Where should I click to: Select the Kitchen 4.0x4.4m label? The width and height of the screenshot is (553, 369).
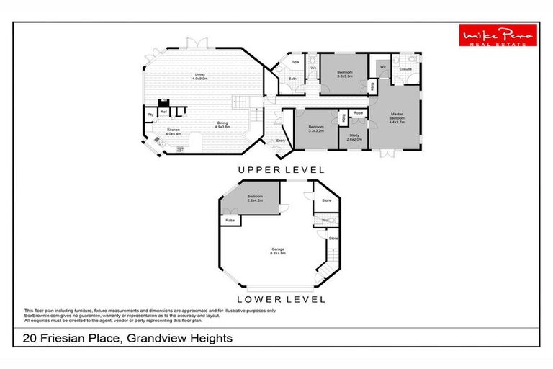pyautogui.click(x=172, y=132)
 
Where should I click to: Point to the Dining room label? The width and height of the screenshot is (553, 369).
pyautogui.click(x=222, y=125)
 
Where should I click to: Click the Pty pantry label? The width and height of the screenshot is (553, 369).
pyautogui.click(x=150, y=115)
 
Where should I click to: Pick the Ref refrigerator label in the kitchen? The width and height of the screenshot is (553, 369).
pyautogui.click(x=164, y=112)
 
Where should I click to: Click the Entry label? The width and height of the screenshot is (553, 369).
pyautogui.click(x=281, y=141)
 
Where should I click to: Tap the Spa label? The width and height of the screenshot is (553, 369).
pyautogui.click(x=295, y=63)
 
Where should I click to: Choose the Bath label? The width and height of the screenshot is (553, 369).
pyautogui.click(x=293, y=78)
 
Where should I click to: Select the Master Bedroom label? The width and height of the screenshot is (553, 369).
pyautogui.click(x=396, y=117)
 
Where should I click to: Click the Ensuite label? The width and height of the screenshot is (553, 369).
pyautogui.click(x=405, y=70)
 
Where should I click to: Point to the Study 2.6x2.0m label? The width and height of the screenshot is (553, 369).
pyautogui.click(x=354, y=138)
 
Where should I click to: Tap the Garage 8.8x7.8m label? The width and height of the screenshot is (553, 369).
pyautogui.click(x=278, y=252)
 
